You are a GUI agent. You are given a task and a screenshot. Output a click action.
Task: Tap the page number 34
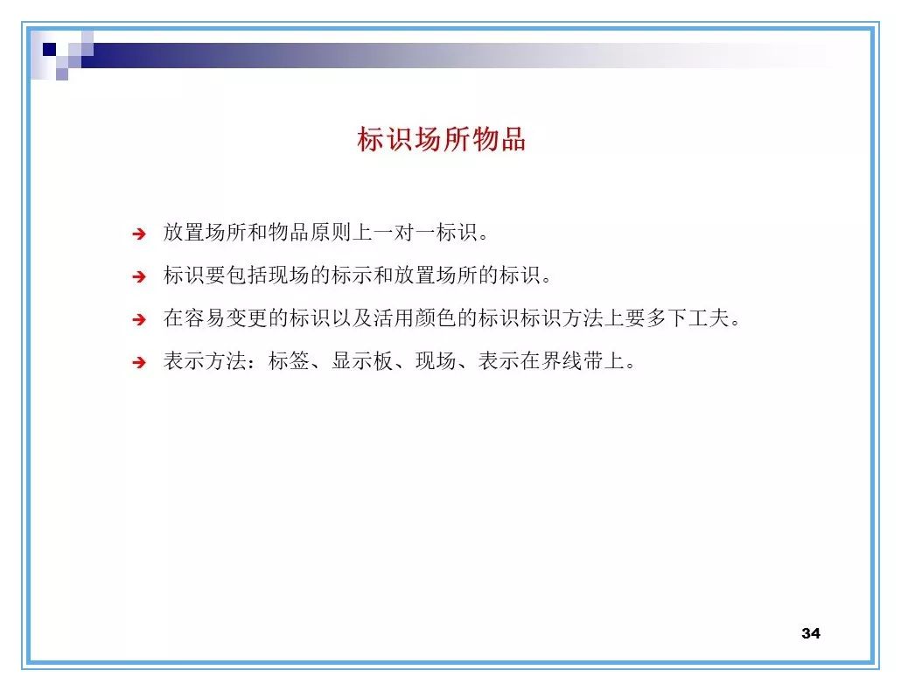point(810,633)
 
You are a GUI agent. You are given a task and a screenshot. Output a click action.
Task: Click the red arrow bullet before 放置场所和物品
point(138,234)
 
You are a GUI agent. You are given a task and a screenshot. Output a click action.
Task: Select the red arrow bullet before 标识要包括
point(138,277)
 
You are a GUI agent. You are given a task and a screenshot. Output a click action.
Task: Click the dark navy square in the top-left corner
point(50,49)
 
